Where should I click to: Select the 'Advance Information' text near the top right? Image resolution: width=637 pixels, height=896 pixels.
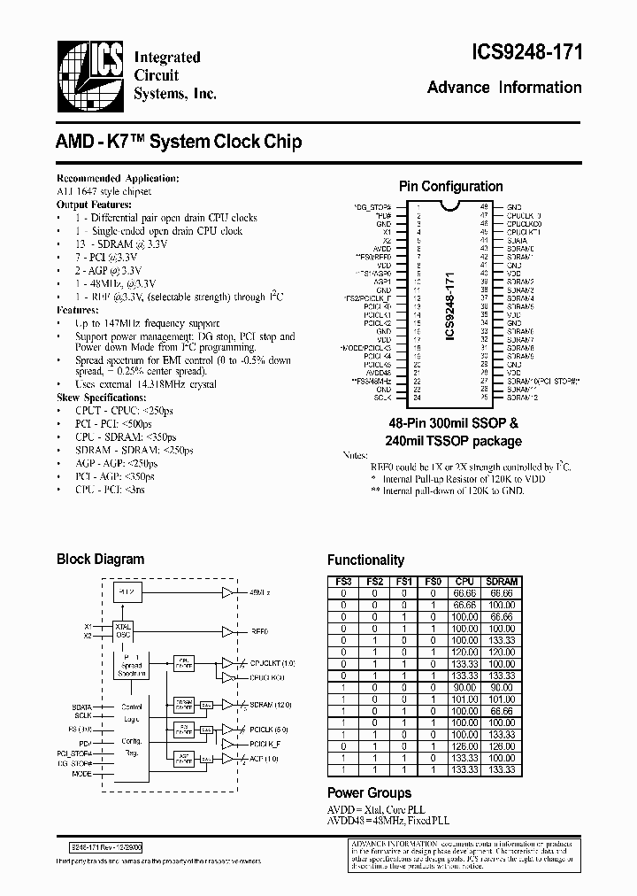click(504, 88)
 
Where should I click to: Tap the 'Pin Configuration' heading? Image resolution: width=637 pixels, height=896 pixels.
click(450, 187)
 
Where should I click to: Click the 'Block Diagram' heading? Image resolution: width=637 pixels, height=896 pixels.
click(100, 560)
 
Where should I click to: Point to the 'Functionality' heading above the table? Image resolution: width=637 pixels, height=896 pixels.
click(365, 560)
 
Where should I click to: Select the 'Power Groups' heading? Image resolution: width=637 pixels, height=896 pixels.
click(369, 792)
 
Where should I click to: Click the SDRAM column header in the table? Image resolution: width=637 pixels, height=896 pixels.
click(502, 582)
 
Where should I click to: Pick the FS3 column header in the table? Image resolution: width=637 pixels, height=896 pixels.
click(343, 582)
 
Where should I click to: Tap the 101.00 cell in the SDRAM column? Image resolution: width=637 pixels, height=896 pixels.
click(502, 699)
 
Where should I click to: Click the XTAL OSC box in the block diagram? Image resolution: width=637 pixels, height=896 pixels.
click(124, 630)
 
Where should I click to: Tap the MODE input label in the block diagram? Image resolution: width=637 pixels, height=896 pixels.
click(81, 774)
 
